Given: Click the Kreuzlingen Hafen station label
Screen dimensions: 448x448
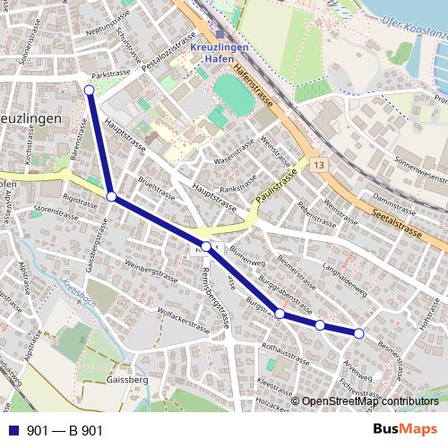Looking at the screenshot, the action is (220, 50).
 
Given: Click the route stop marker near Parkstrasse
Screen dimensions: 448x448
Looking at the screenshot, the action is (89, 90).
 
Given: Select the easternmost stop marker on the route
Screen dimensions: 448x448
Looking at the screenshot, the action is (359, 333).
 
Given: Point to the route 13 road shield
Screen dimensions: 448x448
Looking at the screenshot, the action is (320, 165).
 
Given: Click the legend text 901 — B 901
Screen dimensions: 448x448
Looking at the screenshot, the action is (65, 431).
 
